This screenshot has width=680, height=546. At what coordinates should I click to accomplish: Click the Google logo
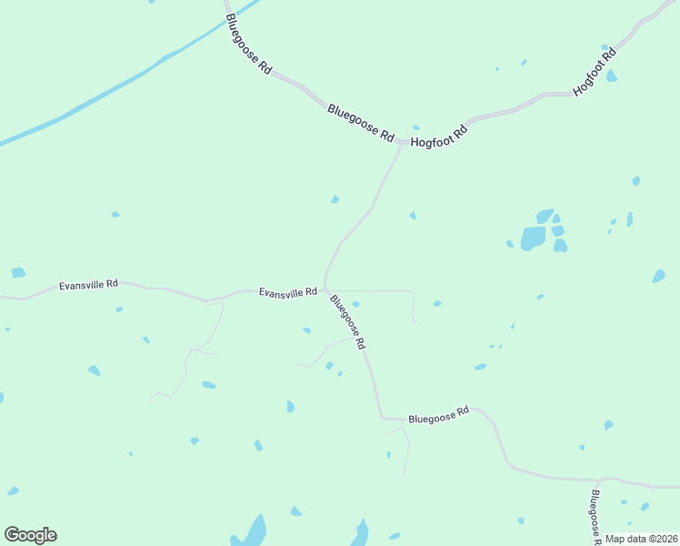click(30, 535)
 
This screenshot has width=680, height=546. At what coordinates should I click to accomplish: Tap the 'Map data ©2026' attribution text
click(640, 539)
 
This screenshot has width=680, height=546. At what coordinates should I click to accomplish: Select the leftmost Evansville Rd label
click(88, 285)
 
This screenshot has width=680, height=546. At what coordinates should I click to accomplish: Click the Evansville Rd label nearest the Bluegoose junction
click(287, 292)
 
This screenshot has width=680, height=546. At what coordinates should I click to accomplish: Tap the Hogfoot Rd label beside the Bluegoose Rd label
click(439, 136)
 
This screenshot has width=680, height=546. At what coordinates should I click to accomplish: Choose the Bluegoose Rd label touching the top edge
click(248, 44)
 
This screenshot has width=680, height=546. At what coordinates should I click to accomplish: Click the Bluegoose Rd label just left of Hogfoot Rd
click(361, 123)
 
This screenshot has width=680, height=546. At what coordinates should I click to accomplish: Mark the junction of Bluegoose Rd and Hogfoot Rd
click(401, 143)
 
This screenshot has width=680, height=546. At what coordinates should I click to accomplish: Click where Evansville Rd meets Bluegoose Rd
click(325, 290)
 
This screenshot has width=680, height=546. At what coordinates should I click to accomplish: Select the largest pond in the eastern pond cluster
click(533, 238)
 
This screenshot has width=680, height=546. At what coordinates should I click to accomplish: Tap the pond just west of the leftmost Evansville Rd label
click(18, 272)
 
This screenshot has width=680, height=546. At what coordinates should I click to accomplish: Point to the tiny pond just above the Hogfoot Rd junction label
click(415, 127)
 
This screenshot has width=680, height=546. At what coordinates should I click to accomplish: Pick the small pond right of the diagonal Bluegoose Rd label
click(355, 304)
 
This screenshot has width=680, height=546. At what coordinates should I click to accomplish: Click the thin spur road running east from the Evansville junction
click(373, 291)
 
